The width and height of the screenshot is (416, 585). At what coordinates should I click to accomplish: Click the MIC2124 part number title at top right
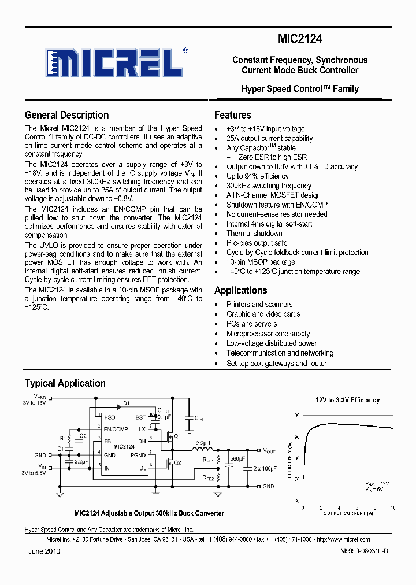pos(299,39)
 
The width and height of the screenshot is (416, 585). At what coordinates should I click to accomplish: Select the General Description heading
pos(66,115)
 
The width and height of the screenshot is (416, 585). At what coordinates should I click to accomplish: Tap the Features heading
pos(232,115)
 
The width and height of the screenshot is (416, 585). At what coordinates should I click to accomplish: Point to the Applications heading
pos(240,290)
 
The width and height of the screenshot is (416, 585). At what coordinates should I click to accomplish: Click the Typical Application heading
pos(65,383)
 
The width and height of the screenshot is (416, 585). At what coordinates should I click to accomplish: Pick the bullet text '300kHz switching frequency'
pos(269,186)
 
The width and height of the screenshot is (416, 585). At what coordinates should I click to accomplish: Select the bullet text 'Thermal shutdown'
pos(254,234)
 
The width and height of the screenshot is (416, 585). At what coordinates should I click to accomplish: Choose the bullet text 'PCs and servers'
pos(251,324)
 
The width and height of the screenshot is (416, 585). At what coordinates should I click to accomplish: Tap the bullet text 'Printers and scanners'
pos(259,305)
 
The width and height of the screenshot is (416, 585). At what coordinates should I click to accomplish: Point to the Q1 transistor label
pos(178,435)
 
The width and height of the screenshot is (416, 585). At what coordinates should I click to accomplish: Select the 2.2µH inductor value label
pos(202,442)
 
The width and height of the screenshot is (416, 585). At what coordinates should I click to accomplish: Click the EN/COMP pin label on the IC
pos(116,430)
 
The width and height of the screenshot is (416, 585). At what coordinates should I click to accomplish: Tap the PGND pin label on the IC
pos(139,455)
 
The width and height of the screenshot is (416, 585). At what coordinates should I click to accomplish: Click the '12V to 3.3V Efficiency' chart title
pos(347,400)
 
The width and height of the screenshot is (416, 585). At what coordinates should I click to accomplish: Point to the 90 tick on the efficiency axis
pos(296,437)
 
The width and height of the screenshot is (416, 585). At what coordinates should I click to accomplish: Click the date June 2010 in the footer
pos(44,551)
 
